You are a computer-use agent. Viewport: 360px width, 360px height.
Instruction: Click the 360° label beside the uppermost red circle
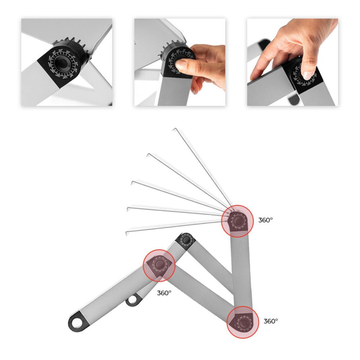265,220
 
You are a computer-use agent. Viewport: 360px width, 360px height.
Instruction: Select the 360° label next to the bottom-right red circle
271,321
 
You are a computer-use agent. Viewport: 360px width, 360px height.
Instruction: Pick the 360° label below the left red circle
164,293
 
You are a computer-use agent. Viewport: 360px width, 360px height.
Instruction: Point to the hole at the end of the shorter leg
134,300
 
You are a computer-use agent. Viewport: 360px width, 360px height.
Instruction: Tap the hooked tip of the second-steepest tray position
148,154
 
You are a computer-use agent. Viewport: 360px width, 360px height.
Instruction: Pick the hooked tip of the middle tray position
133,183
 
